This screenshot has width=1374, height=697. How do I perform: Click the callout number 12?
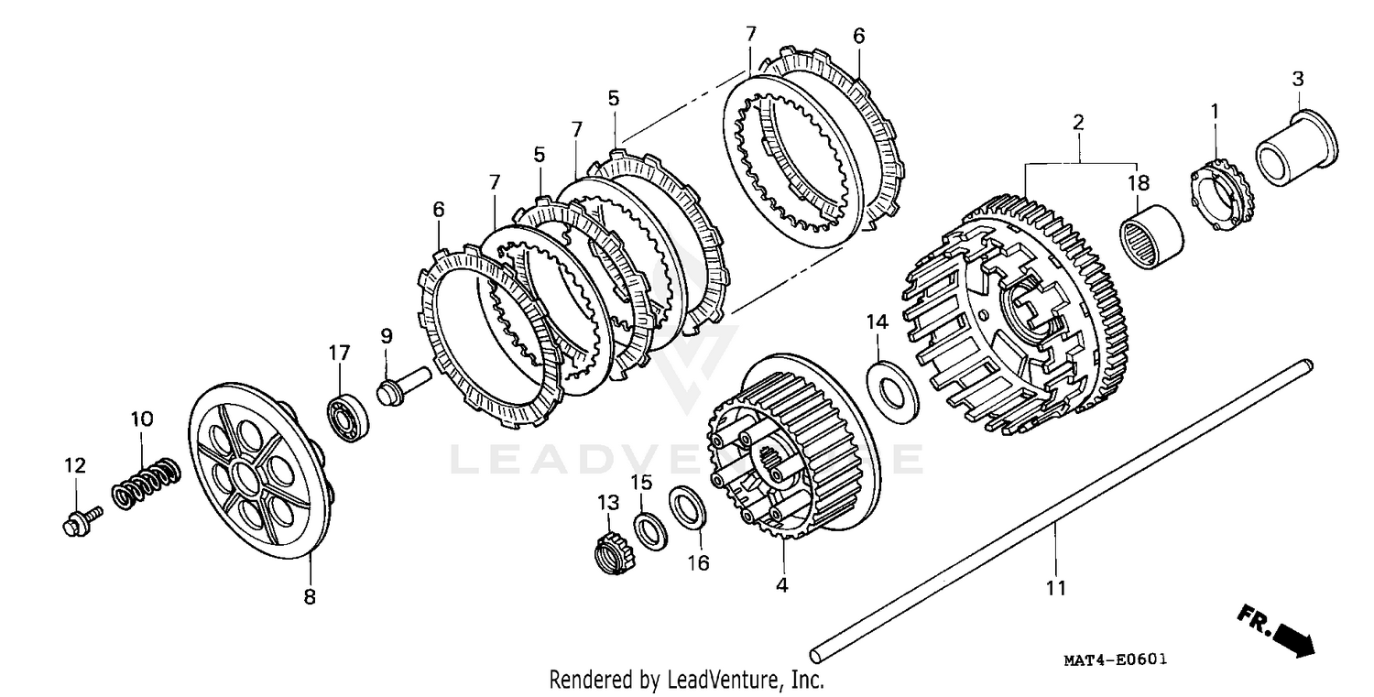point(74,465)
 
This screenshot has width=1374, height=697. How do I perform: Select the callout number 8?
point(310,597)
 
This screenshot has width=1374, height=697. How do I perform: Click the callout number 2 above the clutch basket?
point(1079,122)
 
